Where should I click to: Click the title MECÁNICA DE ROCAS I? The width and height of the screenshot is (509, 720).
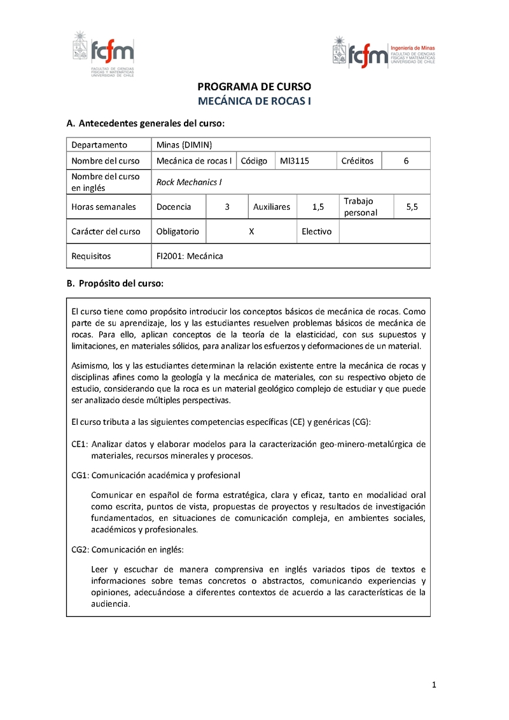coord(254,101)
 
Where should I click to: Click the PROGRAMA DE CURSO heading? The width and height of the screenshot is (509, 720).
coord(254,87)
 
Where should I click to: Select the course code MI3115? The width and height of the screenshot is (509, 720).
coord(295,161)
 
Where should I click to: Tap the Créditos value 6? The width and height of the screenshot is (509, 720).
coord(406,161)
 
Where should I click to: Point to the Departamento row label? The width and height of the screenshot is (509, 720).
coord(99,144)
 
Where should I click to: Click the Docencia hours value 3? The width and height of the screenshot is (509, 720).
coord(227,207)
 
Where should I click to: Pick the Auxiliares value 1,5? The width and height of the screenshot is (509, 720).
coord(319,207)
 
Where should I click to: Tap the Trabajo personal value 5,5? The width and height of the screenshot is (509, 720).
coord(412,207)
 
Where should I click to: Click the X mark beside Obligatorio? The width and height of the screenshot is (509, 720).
coord(252,232)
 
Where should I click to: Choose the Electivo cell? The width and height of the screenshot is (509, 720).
coord(317,232)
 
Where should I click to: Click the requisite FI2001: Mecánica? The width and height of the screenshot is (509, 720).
coord(190,256)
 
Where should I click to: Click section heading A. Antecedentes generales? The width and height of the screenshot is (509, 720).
coord(146,123)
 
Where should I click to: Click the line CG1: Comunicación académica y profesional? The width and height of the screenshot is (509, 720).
coord(156,475)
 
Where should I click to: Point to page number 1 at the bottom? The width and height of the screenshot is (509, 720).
coord(433,685)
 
